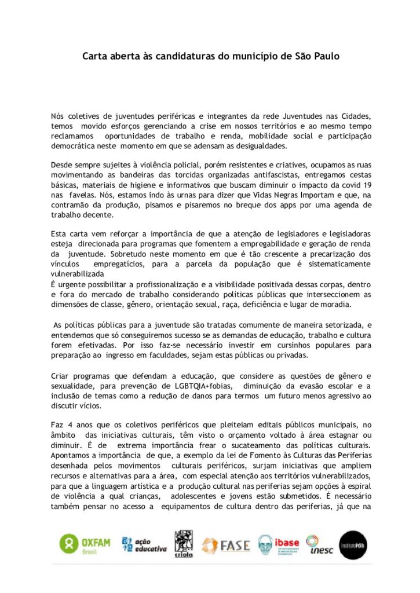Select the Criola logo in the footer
point(184,544)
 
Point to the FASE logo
point(226,545)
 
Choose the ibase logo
point(279,545)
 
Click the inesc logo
point(320,545)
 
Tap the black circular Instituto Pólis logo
point(353,545)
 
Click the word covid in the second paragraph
point(342,184)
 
